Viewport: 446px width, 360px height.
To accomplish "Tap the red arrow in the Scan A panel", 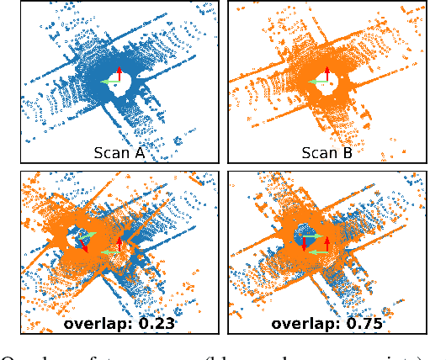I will pyautogui.click(x=119, y=73).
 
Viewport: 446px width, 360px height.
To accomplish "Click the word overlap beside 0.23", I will pyautogui.click(x=99, y=323).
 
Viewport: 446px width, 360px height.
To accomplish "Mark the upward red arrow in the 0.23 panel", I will pyautogui.click(x=119, y=243).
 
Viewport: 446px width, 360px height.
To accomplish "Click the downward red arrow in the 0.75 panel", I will pyautogui.click(x=305, y=245).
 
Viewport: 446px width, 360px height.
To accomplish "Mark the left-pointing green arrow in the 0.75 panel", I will pyautogui.click(x=316, y=251).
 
